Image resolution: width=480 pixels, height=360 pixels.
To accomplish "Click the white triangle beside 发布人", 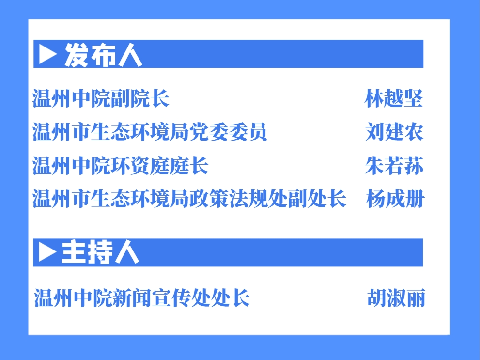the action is coord(48,54).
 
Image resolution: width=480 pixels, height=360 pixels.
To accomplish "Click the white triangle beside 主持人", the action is coord(47,252).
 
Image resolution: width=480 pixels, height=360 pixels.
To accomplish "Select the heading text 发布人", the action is coord(103,55).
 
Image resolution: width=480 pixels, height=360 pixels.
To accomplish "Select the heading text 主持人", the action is coord(100,252).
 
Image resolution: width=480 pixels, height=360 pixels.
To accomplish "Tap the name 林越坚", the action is coord(394,98).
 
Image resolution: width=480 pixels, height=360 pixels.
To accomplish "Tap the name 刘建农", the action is coord(394,132).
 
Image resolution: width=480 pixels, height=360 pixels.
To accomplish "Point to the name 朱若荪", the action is coord(394,165).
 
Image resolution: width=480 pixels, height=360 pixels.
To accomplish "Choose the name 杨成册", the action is coord(395,199).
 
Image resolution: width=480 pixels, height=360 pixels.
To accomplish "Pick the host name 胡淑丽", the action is coord(396,298).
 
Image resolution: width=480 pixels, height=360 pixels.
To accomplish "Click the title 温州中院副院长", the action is coord(101,98).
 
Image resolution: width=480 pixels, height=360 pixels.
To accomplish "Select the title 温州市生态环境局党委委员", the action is coord(150,132).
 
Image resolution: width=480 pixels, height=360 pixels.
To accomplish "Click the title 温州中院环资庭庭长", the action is coord(120,165).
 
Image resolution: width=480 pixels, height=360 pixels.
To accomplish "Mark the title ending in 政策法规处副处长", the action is coord(189,199).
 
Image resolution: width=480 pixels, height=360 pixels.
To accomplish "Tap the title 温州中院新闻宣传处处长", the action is coord(142,298).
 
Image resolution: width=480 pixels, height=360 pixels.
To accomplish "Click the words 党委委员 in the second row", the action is coord(228,132).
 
